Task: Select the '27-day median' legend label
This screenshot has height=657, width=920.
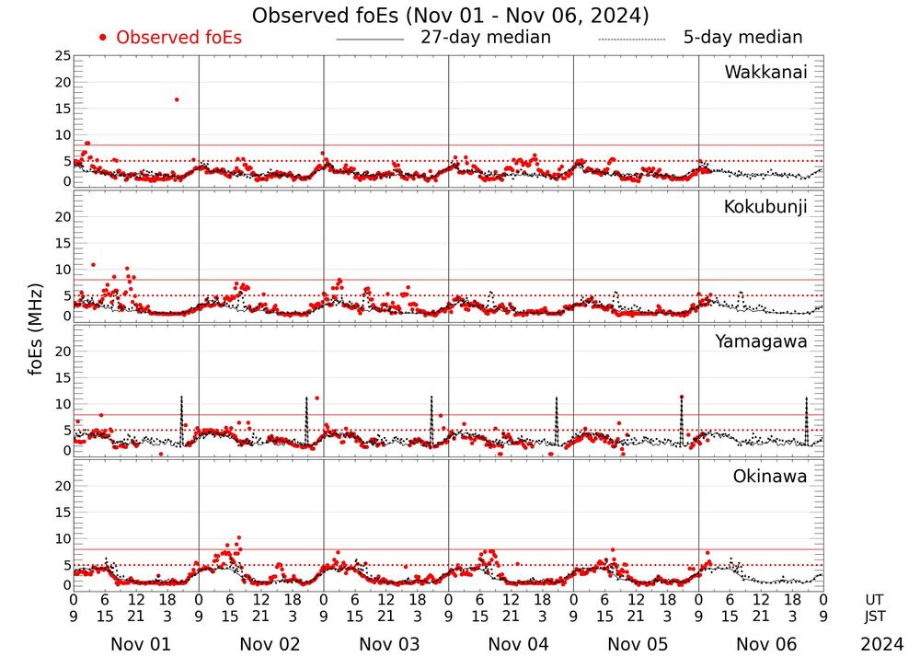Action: coord(485,37)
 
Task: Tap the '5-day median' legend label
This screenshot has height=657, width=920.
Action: coord(742,37)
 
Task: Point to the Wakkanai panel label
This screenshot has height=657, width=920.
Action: coord(765,73)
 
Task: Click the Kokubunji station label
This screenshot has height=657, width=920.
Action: coord(765,207)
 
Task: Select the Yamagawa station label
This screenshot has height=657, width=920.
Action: coord(762,341)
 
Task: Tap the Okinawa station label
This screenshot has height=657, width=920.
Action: coord(770,476)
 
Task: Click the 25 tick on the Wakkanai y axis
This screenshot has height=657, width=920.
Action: coord(63,56)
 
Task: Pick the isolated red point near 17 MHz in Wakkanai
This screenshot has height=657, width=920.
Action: coord(177,99)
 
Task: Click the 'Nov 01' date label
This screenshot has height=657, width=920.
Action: coord(134,644)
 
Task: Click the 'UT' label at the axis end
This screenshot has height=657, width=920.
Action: coord(874,600)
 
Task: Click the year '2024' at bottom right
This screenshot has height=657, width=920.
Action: coord(882,644)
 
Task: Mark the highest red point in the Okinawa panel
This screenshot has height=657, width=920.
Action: coord(238,536)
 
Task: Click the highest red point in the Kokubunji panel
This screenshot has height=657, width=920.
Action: coord(93,265)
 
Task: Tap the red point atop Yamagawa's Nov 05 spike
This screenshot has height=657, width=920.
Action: coord(682,397)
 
